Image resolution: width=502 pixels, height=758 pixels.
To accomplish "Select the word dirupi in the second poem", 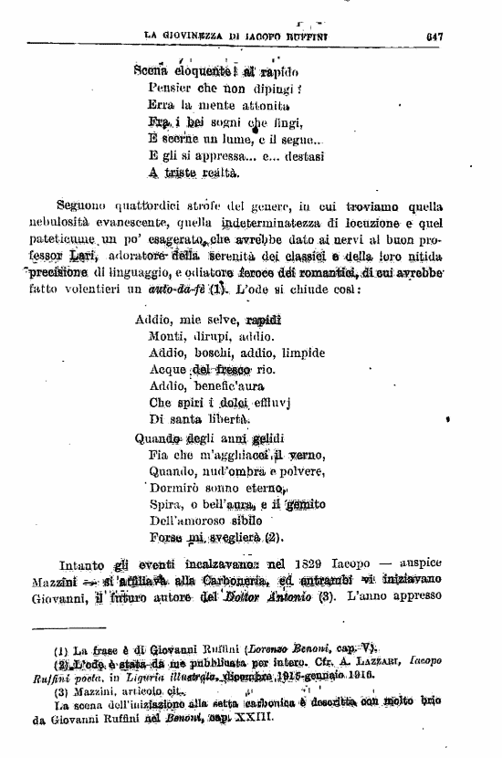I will (x=216, y=337).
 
